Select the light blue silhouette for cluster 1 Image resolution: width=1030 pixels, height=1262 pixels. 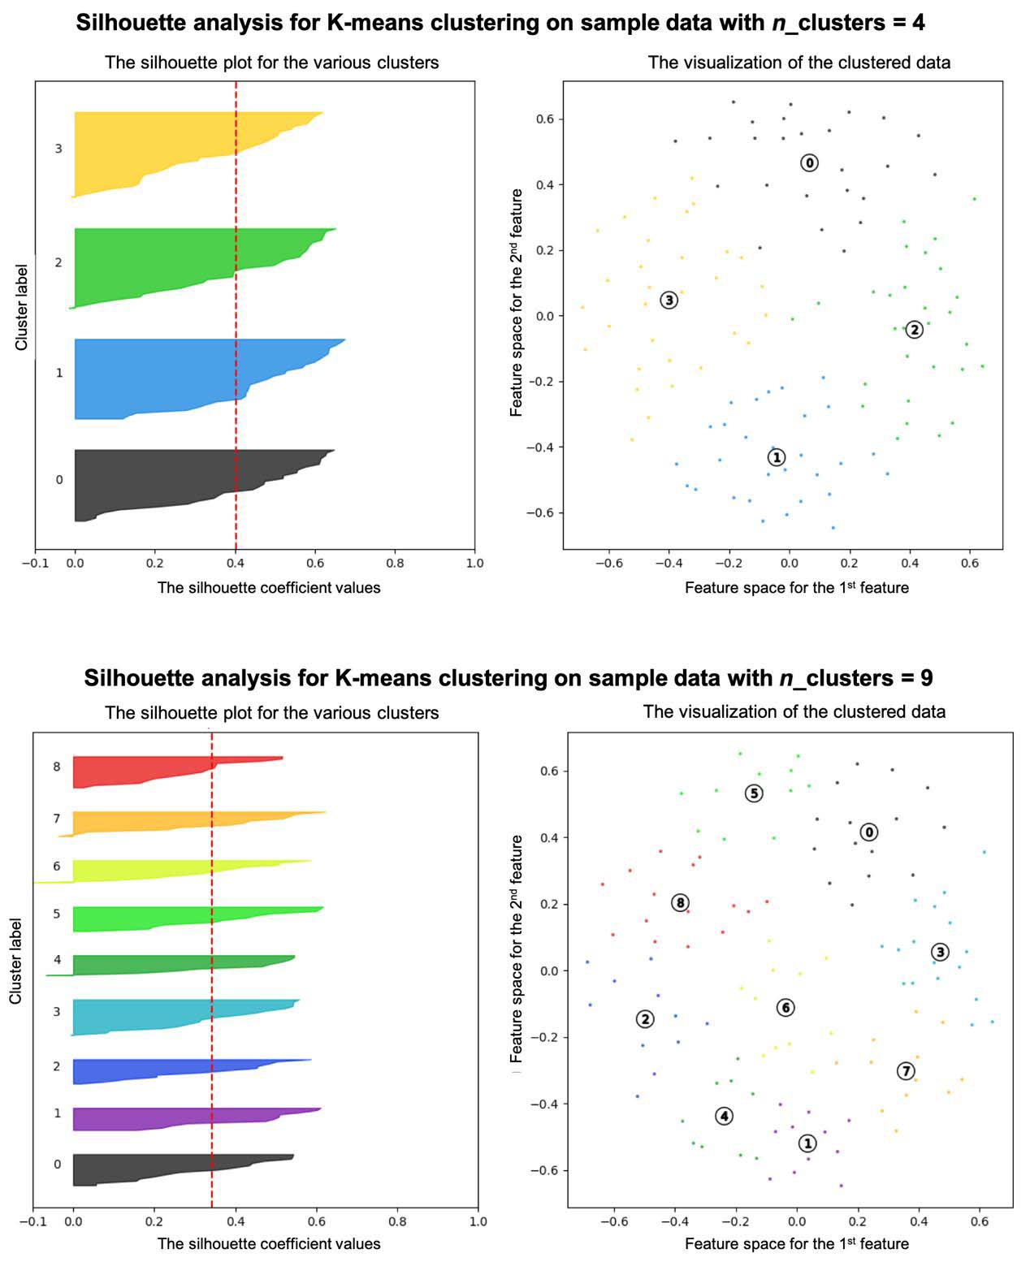coord(162,378)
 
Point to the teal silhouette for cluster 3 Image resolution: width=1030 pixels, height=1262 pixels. coord(146,1015)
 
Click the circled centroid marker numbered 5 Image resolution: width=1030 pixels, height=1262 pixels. coord(754,793)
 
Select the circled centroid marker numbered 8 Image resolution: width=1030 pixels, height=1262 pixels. coord(681,902)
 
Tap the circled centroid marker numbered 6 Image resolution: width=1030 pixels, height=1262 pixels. coord(785,1007)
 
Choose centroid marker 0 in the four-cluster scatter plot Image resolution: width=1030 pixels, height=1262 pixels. coord(809,162)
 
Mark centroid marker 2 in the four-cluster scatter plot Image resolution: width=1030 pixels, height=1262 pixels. coord(914,329)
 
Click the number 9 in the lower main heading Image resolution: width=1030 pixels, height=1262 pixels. coord(926,677)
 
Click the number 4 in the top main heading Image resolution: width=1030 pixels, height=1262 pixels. coord(918,23)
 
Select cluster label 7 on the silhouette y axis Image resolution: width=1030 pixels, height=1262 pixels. coord(57,819)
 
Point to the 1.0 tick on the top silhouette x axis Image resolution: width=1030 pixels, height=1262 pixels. coord(474,563)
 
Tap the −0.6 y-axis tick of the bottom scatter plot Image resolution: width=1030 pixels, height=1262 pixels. coord(544,1170)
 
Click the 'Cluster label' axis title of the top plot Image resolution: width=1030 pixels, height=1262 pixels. coord(22,307)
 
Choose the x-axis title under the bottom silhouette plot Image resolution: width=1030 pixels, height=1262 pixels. coord(268,1243)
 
